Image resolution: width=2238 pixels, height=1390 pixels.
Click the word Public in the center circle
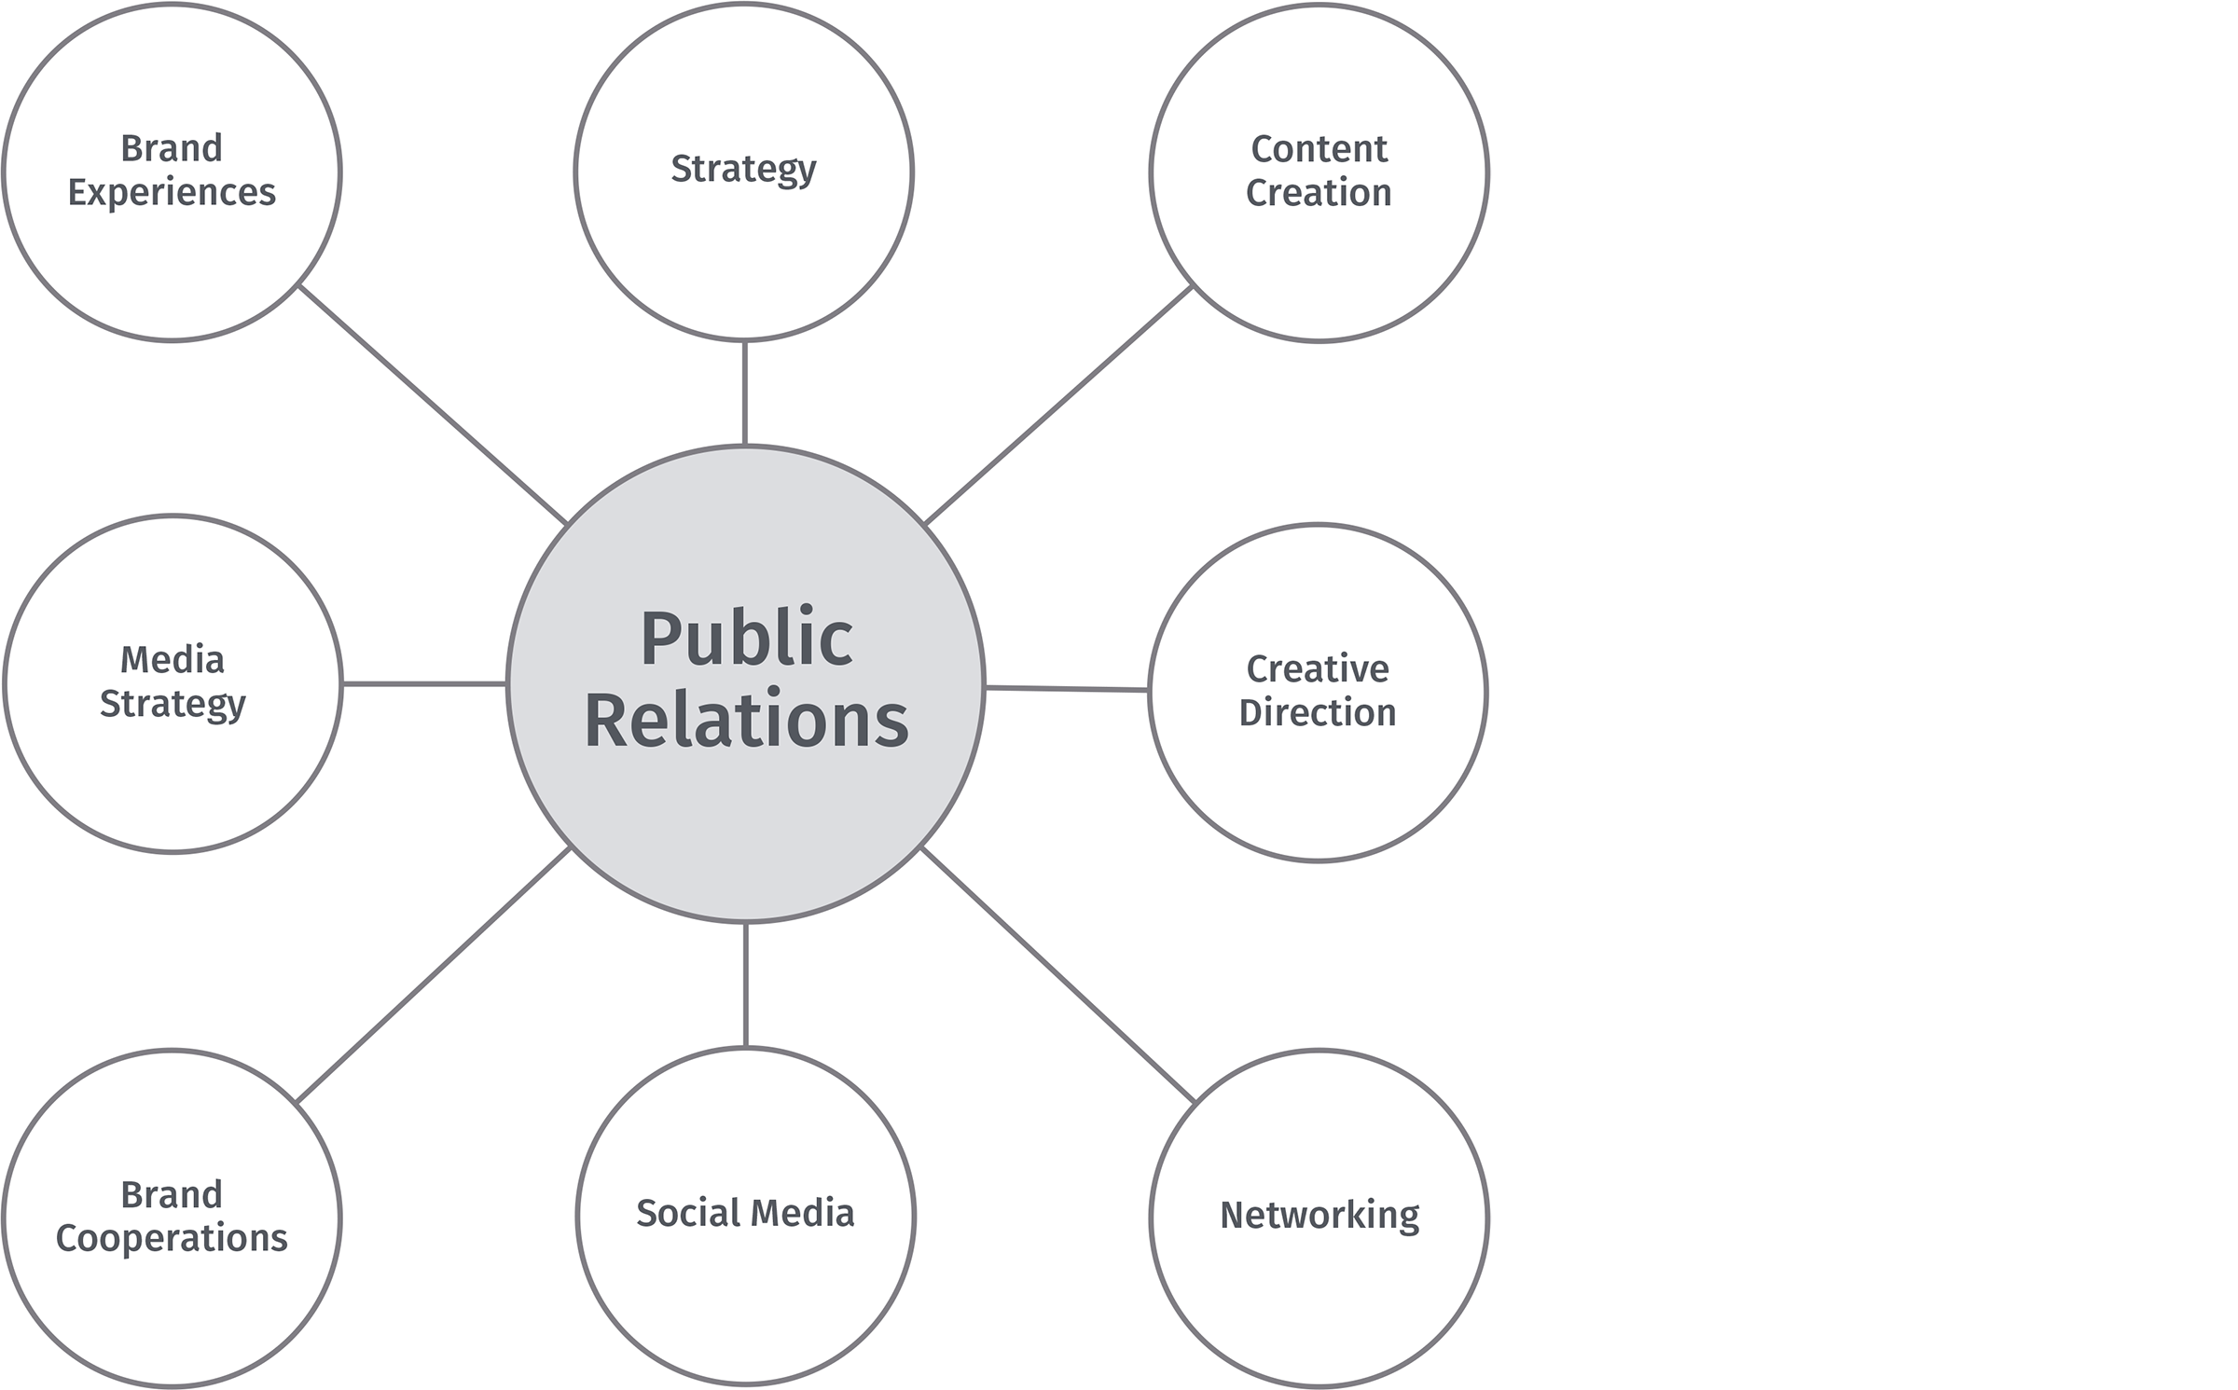(746, 640)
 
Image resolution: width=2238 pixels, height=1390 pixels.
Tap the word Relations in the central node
(746, 721)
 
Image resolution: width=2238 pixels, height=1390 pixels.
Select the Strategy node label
(743, 170)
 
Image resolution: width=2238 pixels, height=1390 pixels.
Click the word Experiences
(172, 193)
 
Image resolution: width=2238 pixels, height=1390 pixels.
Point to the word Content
(1319, 149)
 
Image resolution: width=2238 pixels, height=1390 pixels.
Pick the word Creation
(1319, 193)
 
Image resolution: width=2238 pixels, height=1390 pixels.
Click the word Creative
(1318, 669)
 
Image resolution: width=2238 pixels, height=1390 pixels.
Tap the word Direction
(1318, 713)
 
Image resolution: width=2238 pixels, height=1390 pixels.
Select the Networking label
(1319, 1216)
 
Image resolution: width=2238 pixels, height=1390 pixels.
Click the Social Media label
(745, 1213)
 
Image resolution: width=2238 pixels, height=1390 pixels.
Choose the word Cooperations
(172, 1239)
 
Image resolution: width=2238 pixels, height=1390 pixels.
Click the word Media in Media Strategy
(173, 660)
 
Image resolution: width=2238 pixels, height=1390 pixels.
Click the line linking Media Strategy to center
(424, 684)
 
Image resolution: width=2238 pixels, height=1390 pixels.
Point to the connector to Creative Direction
(1066, 689)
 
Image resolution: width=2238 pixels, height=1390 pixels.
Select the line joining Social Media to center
(745, 984)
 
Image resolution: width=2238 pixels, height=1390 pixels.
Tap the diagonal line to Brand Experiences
(432, 405)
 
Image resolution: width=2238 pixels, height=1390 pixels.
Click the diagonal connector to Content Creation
(1058, 405)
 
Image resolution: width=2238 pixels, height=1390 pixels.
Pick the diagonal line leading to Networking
(1057, 975)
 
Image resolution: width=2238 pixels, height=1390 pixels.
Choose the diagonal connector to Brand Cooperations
(433, 975)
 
